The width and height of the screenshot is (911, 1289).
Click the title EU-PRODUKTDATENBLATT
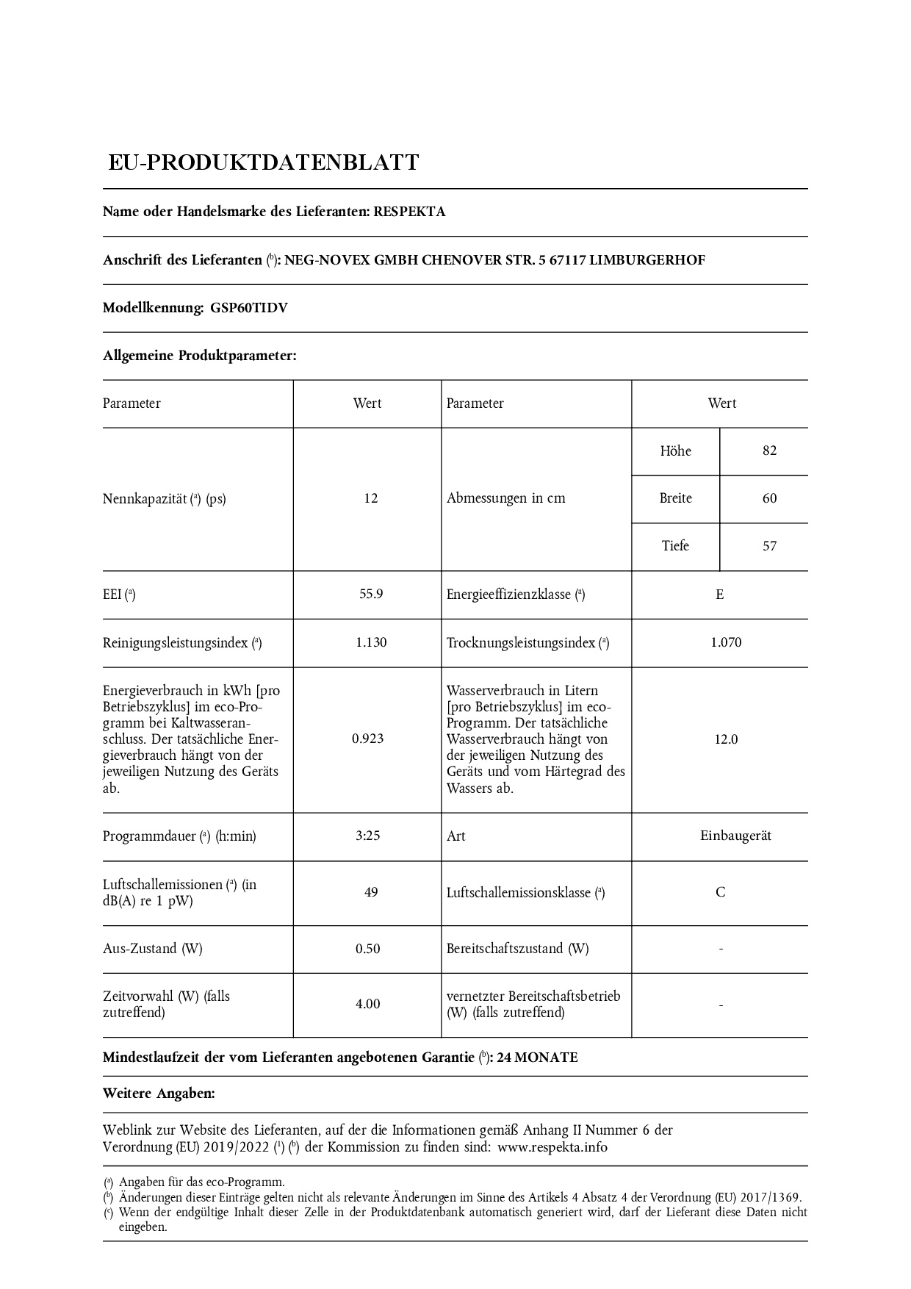[264, 162]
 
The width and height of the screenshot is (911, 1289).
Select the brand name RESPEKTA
[409, 212]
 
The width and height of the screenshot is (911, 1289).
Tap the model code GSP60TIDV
[249, 308]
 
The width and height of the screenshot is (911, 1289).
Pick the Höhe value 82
[769, 450]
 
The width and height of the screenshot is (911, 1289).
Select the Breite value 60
[769, 498]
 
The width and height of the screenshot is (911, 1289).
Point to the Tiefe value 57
[769, 546]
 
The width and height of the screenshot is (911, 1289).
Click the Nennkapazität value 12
[370, 498]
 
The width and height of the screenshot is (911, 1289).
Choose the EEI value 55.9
[371, 594]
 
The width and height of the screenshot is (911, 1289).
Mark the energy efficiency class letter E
[720, 595]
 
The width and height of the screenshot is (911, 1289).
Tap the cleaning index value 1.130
[371, 642]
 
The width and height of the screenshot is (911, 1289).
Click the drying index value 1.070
[726, 642]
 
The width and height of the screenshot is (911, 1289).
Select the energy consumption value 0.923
[368, 739]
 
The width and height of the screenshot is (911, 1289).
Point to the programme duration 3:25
[368, 836]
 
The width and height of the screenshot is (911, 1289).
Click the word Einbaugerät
[735, 836]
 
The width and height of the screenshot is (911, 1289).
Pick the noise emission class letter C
[721, 892]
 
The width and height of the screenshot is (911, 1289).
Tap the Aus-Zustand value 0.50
[368, 949]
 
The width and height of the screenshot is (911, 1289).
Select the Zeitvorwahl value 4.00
[368, 1004]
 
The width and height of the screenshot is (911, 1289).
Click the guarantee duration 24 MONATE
[538, 1058]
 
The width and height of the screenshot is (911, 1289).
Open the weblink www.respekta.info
[552, 1147]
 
